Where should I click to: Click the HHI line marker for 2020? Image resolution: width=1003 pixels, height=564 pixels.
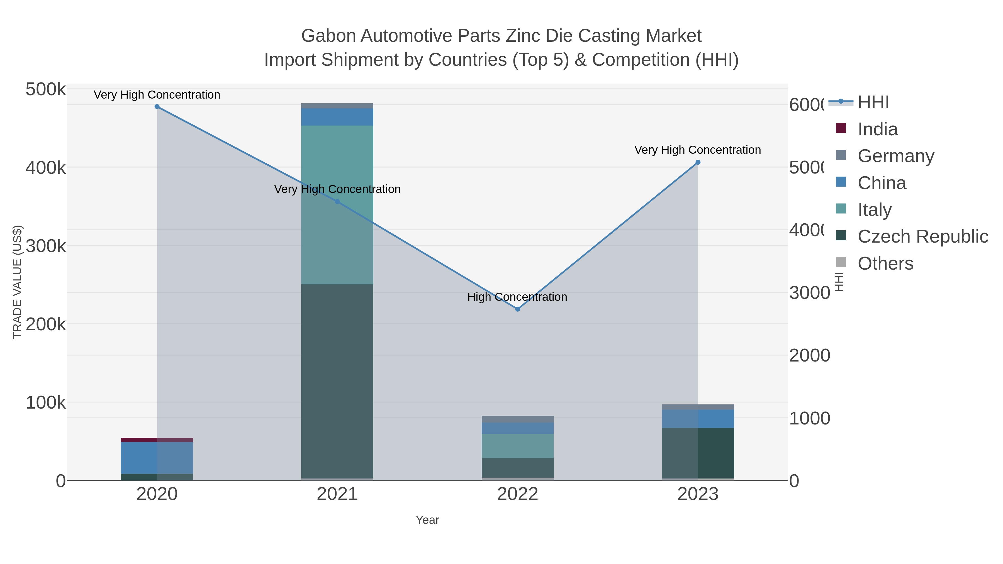157,107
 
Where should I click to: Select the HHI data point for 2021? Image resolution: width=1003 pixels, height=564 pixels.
337,202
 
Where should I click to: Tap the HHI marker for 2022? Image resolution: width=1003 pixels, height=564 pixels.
517,309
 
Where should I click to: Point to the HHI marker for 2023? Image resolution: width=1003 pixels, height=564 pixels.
698,162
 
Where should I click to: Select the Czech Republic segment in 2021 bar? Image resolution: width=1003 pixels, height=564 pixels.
337,382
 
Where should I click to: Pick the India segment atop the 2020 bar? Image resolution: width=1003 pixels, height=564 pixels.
157,440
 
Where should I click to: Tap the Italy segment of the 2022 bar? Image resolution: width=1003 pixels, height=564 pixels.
517,446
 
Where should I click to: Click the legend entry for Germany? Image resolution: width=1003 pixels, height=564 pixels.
895,156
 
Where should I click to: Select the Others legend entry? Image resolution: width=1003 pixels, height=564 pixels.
885,263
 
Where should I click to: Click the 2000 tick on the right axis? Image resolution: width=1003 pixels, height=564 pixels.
809,355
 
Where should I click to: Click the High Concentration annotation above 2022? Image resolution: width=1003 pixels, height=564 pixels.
517,297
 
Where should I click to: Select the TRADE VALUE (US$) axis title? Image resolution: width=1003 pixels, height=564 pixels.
18,282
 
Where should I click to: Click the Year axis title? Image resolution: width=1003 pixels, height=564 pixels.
427,520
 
